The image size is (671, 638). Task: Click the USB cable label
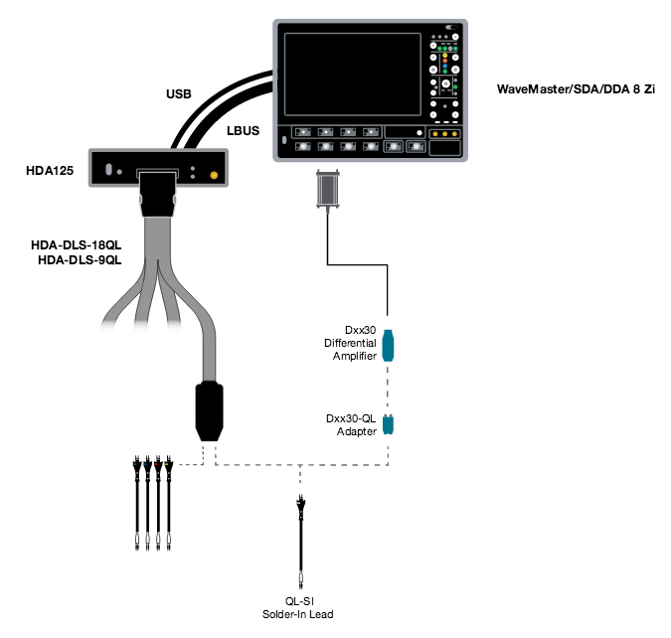178,94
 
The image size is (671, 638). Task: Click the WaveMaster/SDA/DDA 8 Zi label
576,88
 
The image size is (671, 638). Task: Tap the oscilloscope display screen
350,74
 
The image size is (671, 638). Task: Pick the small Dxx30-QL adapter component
389,424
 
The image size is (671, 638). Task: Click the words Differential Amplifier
351,350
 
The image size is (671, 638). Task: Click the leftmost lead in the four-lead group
134,502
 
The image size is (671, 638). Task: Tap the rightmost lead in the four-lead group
170,502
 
